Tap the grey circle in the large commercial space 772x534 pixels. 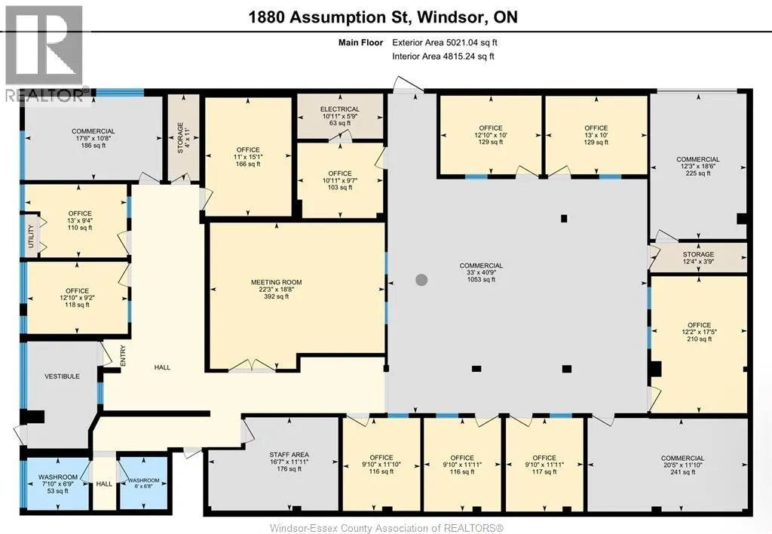[421, 280]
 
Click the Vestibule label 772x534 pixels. [62, 376]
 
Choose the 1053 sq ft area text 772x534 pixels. [481, 280]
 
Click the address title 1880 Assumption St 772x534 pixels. [383, 17]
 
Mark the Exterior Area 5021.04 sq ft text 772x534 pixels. [444, 43]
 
